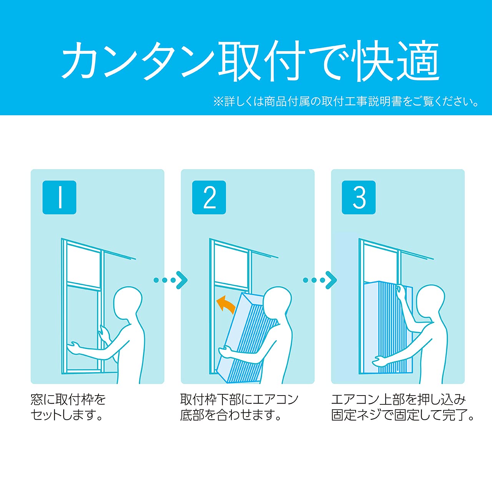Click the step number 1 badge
pos(59,197)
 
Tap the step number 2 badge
pos(209,197)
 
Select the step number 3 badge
pos(359,197)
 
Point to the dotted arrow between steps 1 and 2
pos(170,280)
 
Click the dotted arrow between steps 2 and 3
pos(320,280)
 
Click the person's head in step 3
pos(430,300)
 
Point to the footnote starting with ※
pos(346,101)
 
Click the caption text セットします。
pos(67,415)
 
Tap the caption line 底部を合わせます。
pos(231,415)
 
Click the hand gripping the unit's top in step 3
pos(401,291)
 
